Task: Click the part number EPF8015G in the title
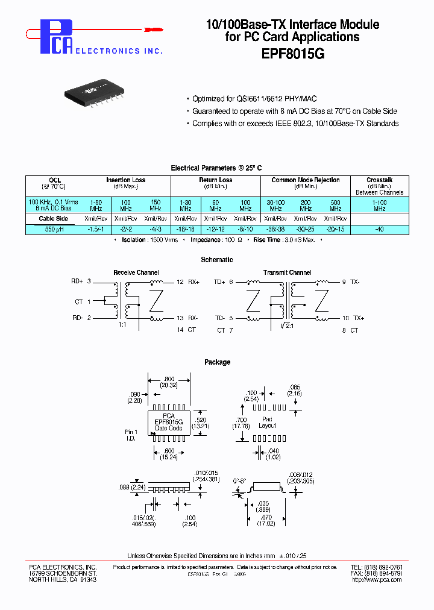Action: [292, 53]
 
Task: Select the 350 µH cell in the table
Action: [54, 230]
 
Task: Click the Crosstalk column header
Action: [379, 180]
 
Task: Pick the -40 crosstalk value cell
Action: [379, 230]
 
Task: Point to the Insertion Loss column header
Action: [125, 180]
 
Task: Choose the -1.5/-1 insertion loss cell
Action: [96, 230]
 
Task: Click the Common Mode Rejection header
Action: [306, 180]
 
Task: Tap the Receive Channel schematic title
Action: [136, 272]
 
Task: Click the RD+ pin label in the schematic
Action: [77, 281]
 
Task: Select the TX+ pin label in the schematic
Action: [359, 318]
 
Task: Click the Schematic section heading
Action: [217, 260]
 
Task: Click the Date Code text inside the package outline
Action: [169, 428]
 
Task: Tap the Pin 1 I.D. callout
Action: [131, 435]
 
